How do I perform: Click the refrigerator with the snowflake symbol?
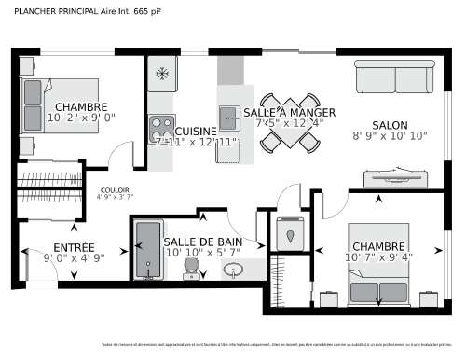point(161,72)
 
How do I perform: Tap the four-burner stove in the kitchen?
point(161,126)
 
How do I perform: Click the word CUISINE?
point(196,132)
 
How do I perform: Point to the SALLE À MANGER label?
point(289,111)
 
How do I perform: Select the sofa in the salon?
point(394,76)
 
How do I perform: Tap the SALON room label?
point(390,125)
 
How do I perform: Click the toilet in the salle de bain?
point(191,268)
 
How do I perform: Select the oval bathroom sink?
point(234,270)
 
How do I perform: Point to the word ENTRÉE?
point(74,247)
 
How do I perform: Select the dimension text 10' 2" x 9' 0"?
point(81,118)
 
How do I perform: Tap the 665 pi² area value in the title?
point(145,11)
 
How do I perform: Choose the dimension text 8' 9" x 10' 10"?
point(390,136)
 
